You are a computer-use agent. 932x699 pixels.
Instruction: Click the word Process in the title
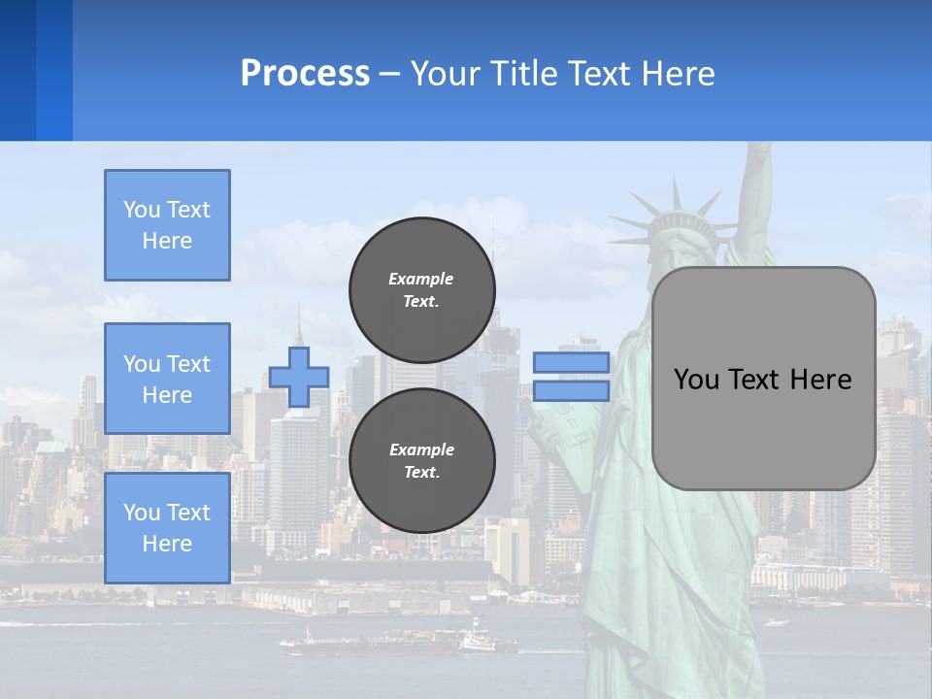coord(305,74)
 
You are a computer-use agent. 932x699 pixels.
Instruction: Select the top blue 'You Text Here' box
coord(167,225)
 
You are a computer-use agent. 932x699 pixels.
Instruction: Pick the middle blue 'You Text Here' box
coord(167,379)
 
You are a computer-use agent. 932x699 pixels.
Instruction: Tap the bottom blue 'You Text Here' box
coord(167,527)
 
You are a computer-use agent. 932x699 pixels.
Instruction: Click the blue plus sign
coord(299,377)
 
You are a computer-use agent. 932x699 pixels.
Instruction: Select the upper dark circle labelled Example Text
coord(421,289)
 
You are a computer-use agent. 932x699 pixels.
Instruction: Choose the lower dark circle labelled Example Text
coord(421,460)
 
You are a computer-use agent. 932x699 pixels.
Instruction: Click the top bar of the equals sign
coord(571,363)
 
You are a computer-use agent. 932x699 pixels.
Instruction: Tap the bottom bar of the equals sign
coord(571,390)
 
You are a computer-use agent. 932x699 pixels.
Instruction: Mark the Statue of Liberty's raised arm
coord(751,194)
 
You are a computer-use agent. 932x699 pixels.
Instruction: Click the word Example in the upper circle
coord(421,279)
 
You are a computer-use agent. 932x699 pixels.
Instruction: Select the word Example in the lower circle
coord(421,449)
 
